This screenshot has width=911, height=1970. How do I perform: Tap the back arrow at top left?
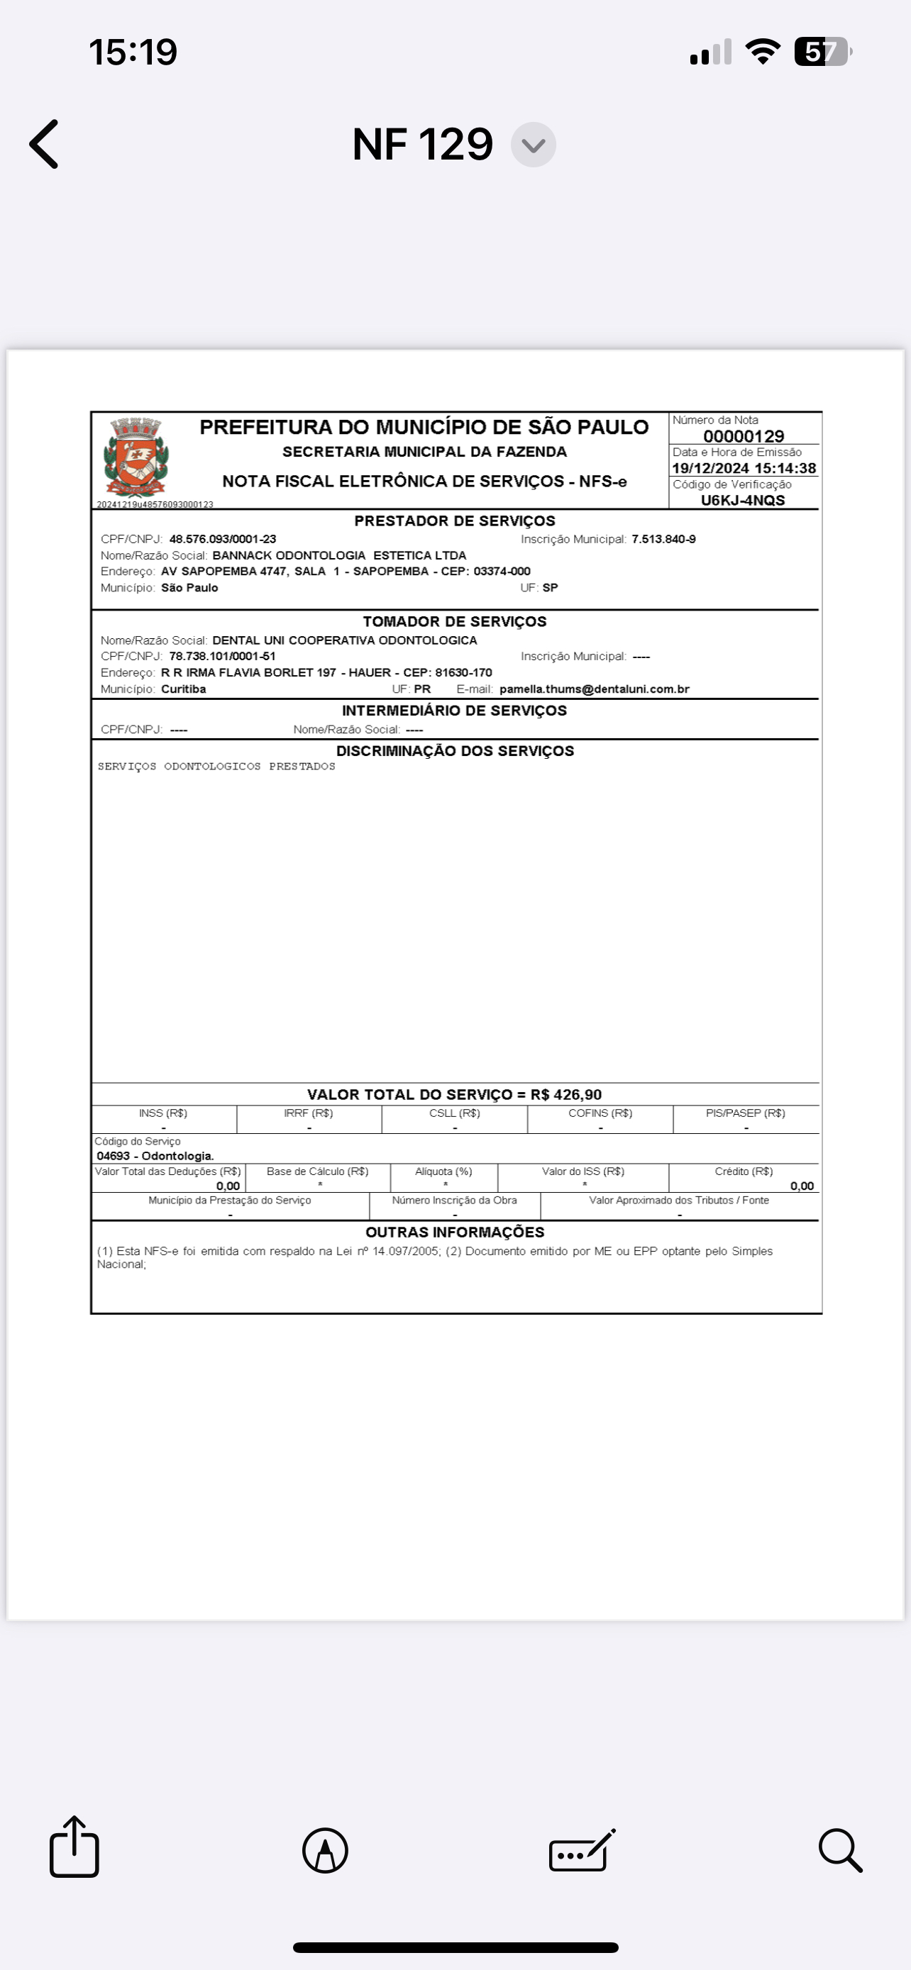[x=45, y=144]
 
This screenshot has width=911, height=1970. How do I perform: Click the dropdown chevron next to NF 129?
[x=533, y=145]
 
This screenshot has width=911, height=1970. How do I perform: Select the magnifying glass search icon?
[x=840, y=1851]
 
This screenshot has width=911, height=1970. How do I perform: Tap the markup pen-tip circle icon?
[x=325, y=1851]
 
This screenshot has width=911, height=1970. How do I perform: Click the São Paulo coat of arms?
[x=136, y=457]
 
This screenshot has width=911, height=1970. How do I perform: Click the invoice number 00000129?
[x=744, y=436]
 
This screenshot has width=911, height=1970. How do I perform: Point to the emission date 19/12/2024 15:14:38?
[x=744, y=468]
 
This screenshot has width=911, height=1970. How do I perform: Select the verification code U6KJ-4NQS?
[x=743, y=500]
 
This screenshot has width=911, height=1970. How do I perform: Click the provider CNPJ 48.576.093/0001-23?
[x=223, y=539]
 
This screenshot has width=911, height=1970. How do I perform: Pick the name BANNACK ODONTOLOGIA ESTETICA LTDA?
[x=339, y=555]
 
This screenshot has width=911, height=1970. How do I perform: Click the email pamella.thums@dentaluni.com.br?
[x=595, y=689]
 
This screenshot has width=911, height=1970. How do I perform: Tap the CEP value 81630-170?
[x=463, y=672]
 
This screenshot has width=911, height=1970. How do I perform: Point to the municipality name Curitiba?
[x=184, y=689]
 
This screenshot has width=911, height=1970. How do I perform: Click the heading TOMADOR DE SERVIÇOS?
[x=454, y=622]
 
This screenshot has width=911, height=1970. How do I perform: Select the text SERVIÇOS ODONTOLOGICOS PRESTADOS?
[x=216, y=767]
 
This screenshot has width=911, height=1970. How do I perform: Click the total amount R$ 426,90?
[x=566, y=1094]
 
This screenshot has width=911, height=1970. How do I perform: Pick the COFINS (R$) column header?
[x=600, y=1113]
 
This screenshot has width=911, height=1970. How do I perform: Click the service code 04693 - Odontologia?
[x=155, y=1155]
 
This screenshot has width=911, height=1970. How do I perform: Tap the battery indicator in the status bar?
[x=822, y=52]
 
